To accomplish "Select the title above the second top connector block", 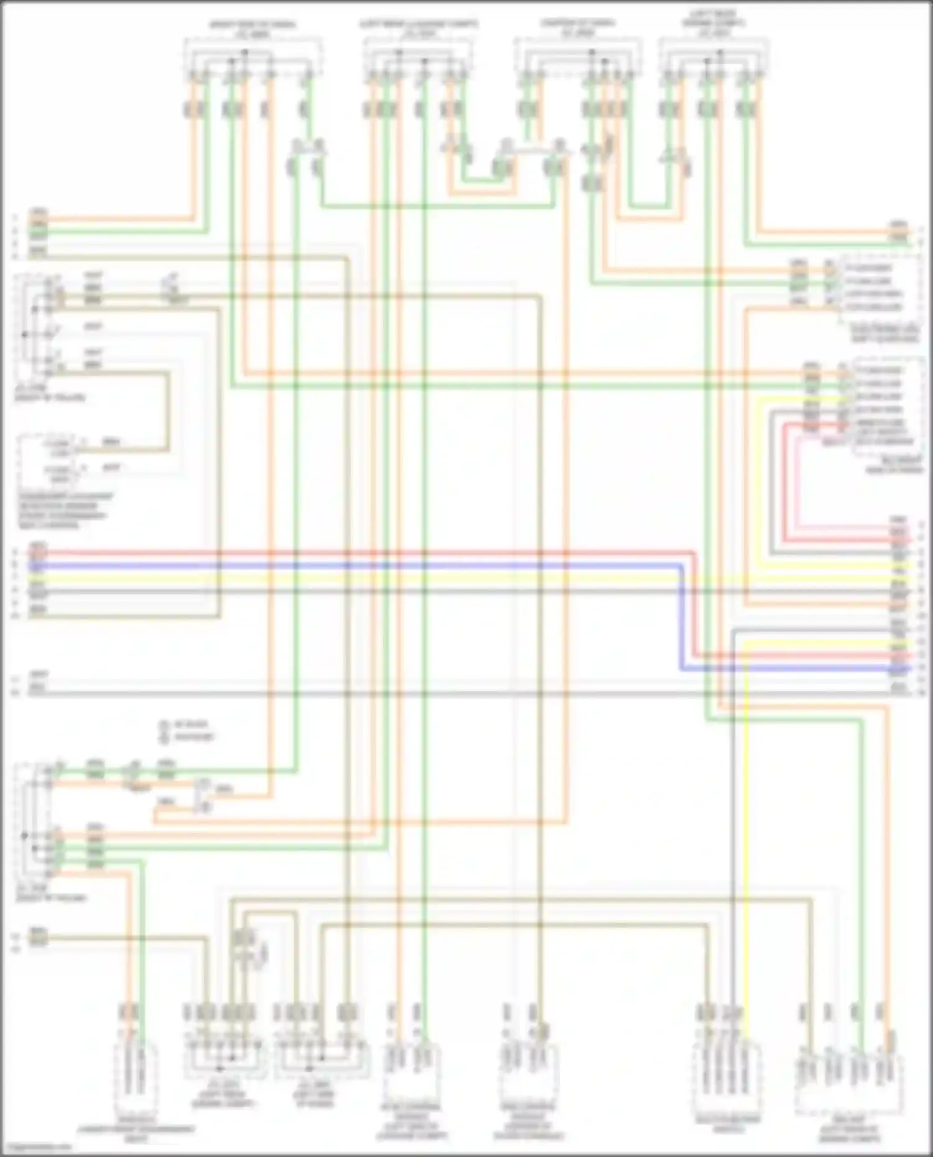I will [419, 29].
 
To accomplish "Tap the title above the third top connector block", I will [578, 28].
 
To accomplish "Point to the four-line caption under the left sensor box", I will [65, 510].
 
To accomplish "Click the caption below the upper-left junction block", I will [50, 393].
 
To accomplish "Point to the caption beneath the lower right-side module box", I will [896, 465].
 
